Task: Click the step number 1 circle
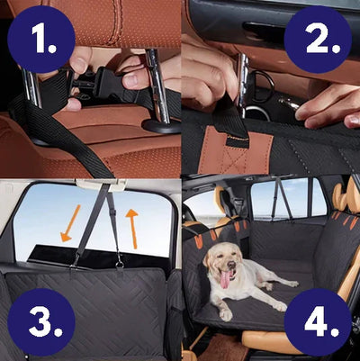[x=41, y=39]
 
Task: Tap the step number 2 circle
[x=318, y=39]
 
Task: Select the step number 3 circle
[x=41, y=322]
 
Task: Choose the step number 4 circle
[x=318, y=322]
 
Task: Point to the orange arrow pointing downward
[x=70, y=223]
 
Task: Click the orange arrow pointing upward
[x=132, y=229]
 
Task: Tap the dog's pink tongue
[x=225, y=279]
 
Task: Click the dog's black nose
[x=231, y=265]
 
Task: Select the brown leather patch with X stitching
[x=235, y=150]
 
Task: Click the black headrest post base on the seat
[x=161, y=125]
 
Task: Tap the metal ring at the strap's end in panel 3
[x=120, y=265]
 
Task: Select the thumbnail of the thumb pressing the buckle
[x=130, y=80]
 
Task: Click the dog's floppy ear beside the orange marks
[x=207, y=257]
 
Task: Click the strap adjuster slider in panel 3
[x=112, y=213]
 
